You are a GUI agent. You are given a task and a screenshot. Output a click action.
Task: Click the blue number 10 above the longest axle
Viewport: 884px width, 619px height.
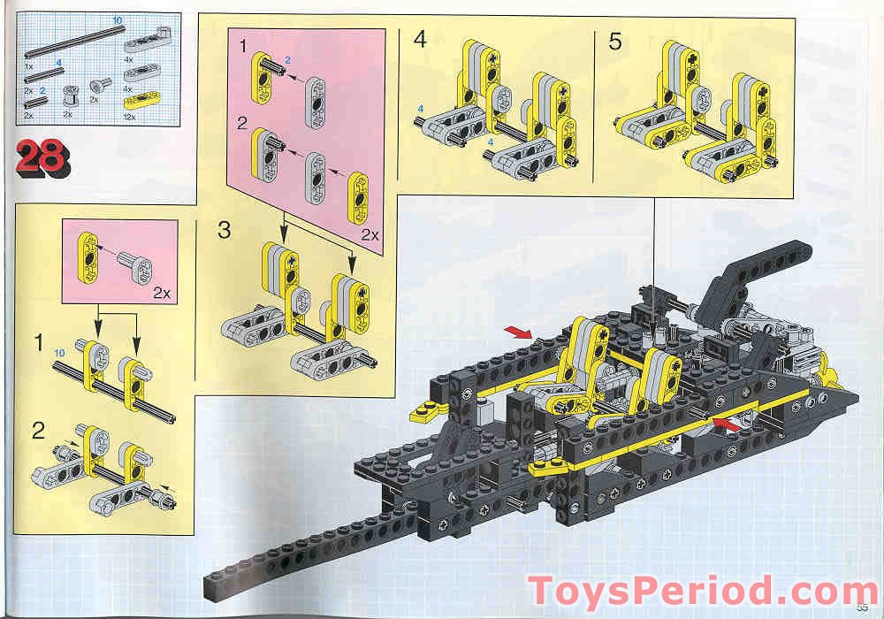(x=117, y=19)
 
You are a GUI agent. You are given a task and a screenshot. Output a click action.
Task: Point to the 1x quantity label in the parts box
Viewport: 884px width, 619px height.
(x=28, y=66)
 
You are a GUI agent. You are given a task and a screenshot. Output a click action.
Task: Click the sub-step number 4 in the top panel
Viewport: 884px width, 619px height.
(x=420, y=40)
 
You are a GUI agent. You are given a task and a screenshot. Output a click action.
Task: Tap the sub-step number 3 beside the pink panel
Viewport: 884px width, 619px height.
(x=225, y=231)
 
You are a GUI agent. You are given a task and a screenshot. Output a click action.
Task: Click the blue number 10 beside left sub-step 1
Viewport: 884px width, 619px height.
(x=58, y=352)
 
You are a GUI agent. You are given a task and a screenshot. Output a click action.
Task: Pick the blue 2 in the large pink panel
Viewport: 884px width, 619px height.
(x=287, y=58)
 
